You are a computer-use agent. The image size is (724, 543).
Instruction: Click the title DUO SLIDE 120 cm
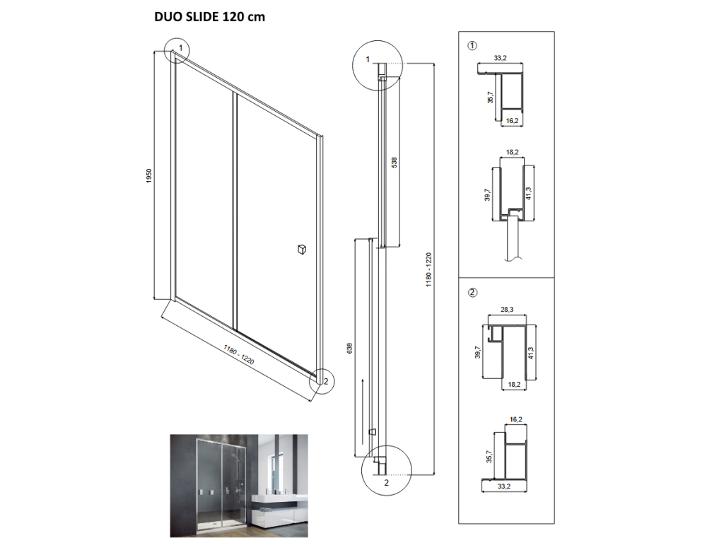coord(209,17)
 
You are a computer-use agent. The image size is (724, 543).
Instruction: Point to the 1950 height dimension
coord(148,175)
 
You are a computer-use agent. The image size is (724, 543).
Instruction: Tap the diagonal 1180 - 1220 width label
coord(239,355)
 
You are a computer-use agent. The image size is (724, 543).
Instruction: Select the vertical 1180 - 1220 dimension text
coord(428,269)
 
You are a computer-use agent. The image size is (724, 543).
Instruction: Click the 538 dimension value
coord(394,163)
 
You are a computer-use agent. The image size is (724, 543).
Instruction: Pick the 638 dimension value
coord(349,348)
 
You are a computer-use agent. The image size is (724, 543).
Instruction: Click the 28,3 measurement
coord(506,310)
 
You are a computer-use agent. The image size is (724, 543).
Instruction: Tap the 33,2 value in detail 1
coord(500,58)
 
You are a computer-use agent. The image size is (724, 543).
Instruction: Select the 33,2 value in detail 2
coord(504,486)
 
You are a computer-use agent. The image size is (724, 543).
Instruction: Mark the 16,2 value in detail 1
coord(512,121)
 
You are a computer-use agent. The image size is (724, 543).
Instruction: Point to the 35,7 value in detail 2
coord(489,457)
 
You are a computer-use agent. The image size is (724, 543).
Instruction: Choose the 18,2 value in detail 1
coord(512,153)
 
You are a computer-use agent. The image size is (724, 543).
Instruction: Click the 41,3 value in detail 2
coord(531,354)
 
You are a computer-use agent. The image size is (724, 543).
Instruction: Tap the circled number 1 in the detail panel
coord(472,46)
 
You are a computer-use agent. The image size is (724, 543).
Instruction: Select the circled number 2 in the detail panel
coord(472,292)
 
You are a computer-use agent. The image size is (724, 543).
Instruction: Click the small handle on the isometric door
coord(301,250)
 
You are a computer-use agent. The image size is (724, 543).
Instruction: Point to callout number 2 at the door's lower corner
coord(327,381)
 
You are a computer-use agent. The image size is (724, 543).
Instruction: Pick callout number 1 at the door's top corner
coord(181,48)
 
